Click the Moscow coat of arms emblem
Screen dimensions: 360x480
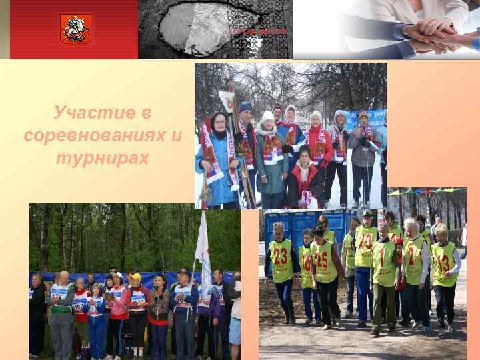coord(75,29)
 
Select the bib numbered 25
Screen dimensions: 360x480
coord(323,259)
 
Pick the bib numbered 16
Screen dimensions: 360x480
coord(306,261)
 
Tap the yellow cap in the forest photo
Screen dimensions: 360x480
coord(136,276)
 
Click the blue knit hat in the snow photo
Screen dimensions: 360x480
coord(245,107)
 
